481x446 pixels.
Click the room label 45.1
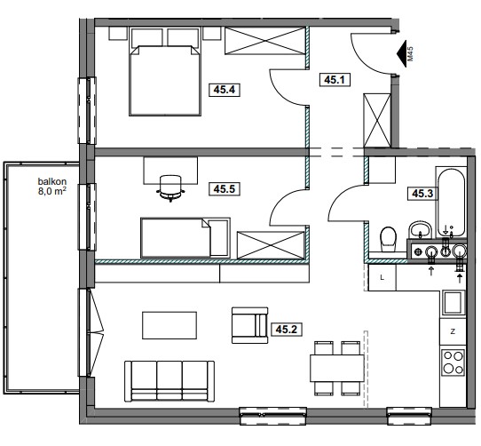[x=335, y=80]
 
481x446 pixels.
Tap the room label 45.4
[x=225, y=90]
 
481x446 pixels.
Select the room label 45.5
[x=225, y=189]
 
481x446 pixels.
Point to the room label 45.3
[x=422, y=194]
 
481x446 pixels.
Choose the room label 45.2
[x=287, y=330]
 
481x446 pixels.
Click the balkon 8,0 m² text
[x=52, y=187]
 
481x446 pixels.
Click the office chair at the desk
[x=171, y=187]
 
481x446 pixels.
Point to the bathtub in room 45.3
[x=451, y=203]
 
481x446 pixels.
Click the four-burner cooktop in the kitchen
[x=453, y=362]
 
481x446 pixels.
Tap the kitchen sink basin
[x=453, y=303]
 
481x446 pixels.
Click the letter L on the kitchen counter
[x=382, y=278]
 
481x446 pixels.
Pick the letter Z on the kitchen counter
[x=453, y=331]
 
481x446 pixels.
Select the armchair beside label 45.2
[x=249, y=325]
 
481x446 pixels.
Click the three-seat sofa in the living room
[x=170, y=381]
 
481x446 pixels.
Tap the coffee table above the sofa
[x=170, y=325]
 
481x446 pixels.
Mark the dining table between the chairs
[x=337, y=368]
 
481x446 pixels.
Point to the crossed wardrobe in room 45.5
[x=271, y=245]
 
